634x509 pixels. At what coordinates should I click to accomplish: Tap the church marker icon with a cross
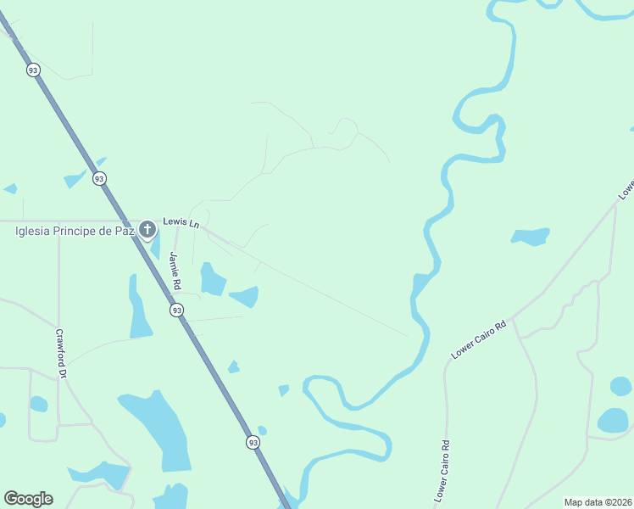click(147, 229)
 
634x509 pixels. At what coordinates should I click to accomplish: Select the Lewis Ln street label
click(181, 224)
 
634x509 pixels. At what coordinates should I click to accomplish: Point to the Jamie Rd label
click(175, 267)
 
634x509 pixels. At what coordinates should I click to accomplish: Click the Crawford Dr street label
click(61, 354)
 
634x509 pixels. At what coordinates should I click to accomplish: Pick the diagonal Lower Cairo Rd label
click(478, 339)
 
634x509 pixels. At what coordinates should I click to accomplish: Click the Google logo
click(28, 499)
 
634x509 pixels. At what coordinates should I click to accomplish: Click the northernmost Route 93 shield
click(33, 70)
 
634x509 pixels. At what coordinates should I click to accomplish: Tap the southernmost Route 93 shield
click(253, 442)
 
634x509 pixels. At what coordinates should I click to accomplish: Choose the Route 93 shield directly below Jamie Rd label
click(176, 310)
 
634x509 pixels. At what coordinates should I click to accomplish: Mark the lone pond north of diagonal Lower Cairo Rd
click(531, 236)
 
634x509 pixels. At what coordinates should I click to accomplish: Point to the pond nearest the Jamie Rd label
click(212, 279)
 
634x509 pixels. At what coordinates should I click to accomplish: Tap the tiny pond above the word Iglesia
click(10, 188)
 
